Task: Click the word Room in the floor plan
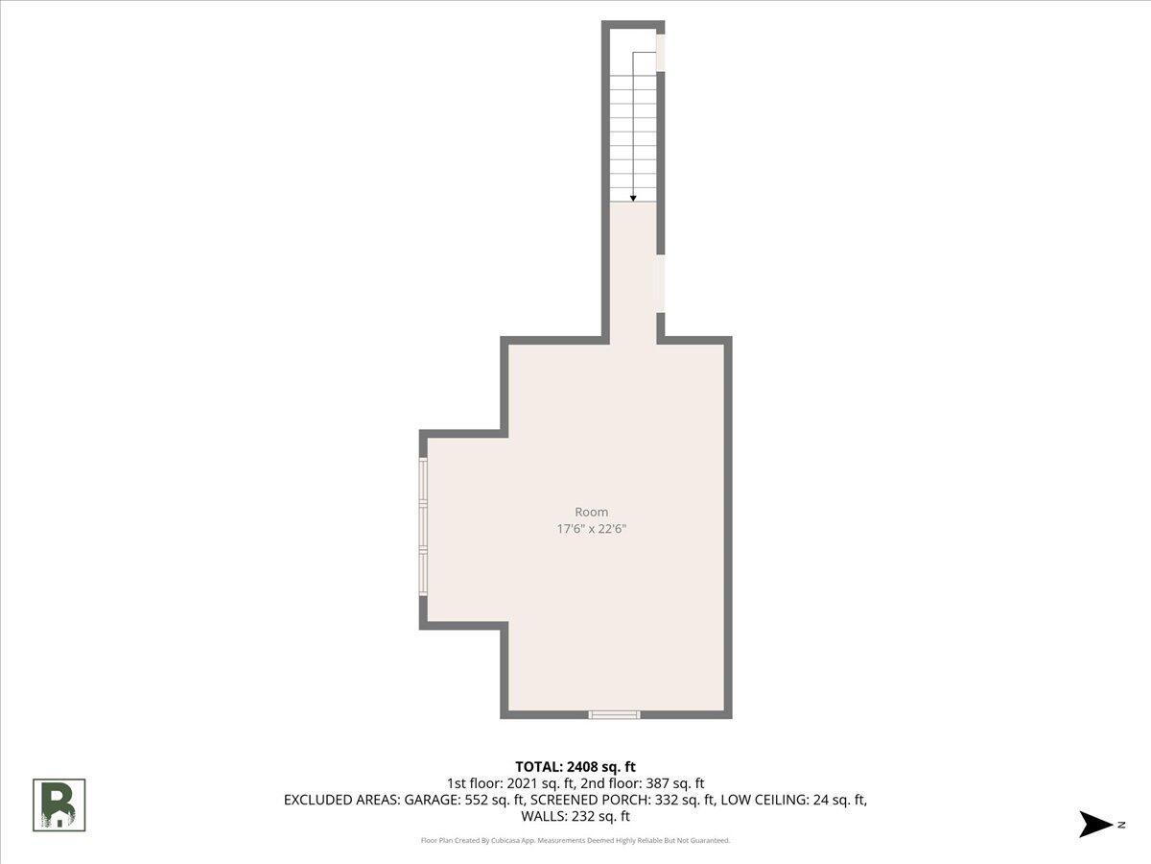click(592, 512)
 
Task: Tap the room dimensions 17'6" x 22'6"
click(592, 528)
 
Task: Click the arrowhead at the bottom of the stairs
click(633, 199)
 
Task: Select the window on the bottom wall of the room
click(614, 714)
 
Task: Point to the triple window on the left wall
click(423, 527)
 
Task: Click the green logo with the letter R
click(59, 805)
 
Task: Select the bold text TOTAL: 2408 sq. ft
click(575, 767)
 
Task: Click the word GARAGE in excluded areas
click(432, 800)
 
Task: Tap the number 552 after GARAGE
click(476, 800)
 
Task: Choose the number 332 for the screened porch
click(667, 800)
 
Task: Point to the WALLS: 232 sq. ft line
click(575, 816)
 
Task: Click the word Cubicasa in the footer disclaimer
click(504, 840)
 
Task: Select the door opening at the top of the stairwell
click(661, 53)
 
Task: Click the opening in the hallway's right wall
click(661, 284)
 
